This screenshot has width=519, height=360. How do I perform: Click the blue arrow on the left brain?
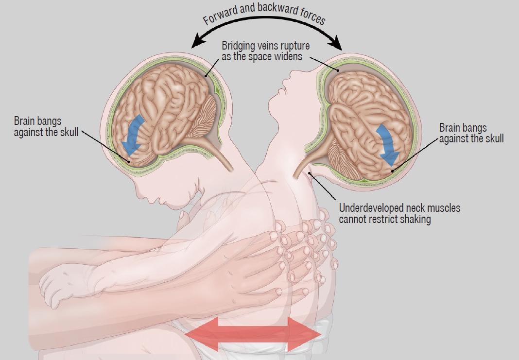coord(133,135)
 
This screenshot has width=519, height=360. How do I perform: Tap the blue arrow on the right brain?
coord(387,144)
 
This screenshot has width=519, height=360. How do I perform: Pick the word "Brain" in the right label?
coord(450,128)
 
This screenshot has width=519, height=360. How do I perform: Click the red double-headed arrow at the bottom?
coord(253,334)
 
